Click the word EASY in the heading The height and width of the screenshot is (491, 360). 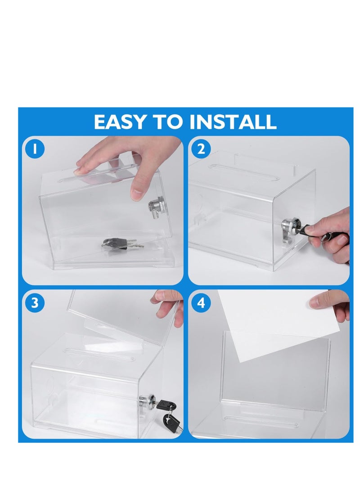pos(120,122)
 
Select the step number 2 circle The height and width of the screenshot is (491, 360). pos(201,149)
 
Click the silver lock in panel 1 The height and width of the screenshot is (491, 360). pos(154,206)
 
